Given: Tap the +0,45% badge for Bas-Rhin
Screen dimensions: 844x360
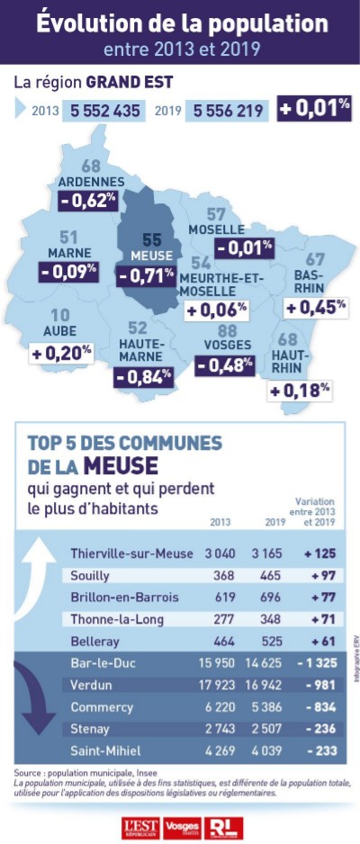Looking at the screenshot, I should coord(315,307).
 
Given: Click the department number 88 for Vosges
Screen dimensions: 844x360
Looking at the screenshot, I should coord(227,331).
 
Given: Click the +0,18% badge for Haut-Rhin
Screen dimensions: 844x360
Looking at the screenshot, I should coord(301,390).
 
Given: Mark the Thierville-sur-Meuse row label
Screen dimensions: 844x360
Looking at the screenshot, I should coord(131,553).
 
